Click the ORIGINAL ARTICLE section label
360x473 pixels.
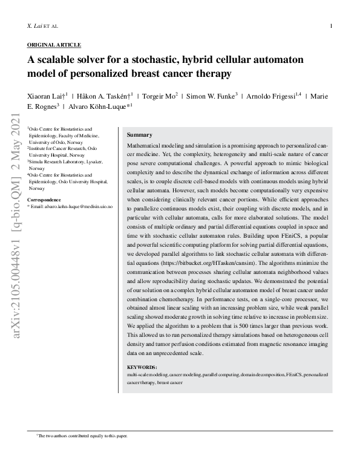pos(54,45)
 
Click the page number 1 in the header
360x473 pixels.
pos(331,27)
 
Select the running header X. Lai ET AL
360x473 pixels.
pos(42,27)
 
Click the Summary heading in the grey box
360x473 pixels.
pos(140,135)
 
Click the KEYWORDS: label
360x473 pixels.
pos(142,368)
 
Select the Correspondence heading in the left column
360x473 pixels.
pos(44,200)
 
